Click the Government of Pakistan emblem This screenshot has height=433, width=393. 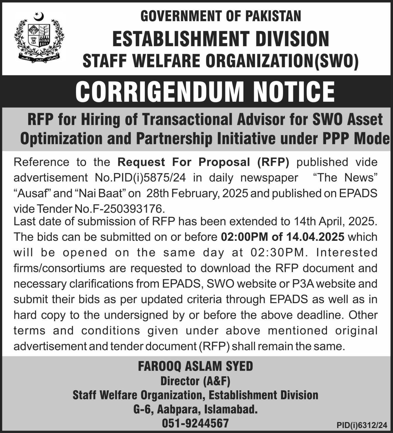39,37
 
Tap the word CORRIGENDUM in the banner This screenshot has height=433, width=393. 160,91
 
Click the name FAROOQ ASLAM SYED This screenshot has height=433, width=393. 195,366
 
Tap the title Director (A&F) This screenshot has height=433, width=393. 195,381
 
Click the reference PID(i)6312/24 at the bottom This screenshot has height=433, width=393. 362,425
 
